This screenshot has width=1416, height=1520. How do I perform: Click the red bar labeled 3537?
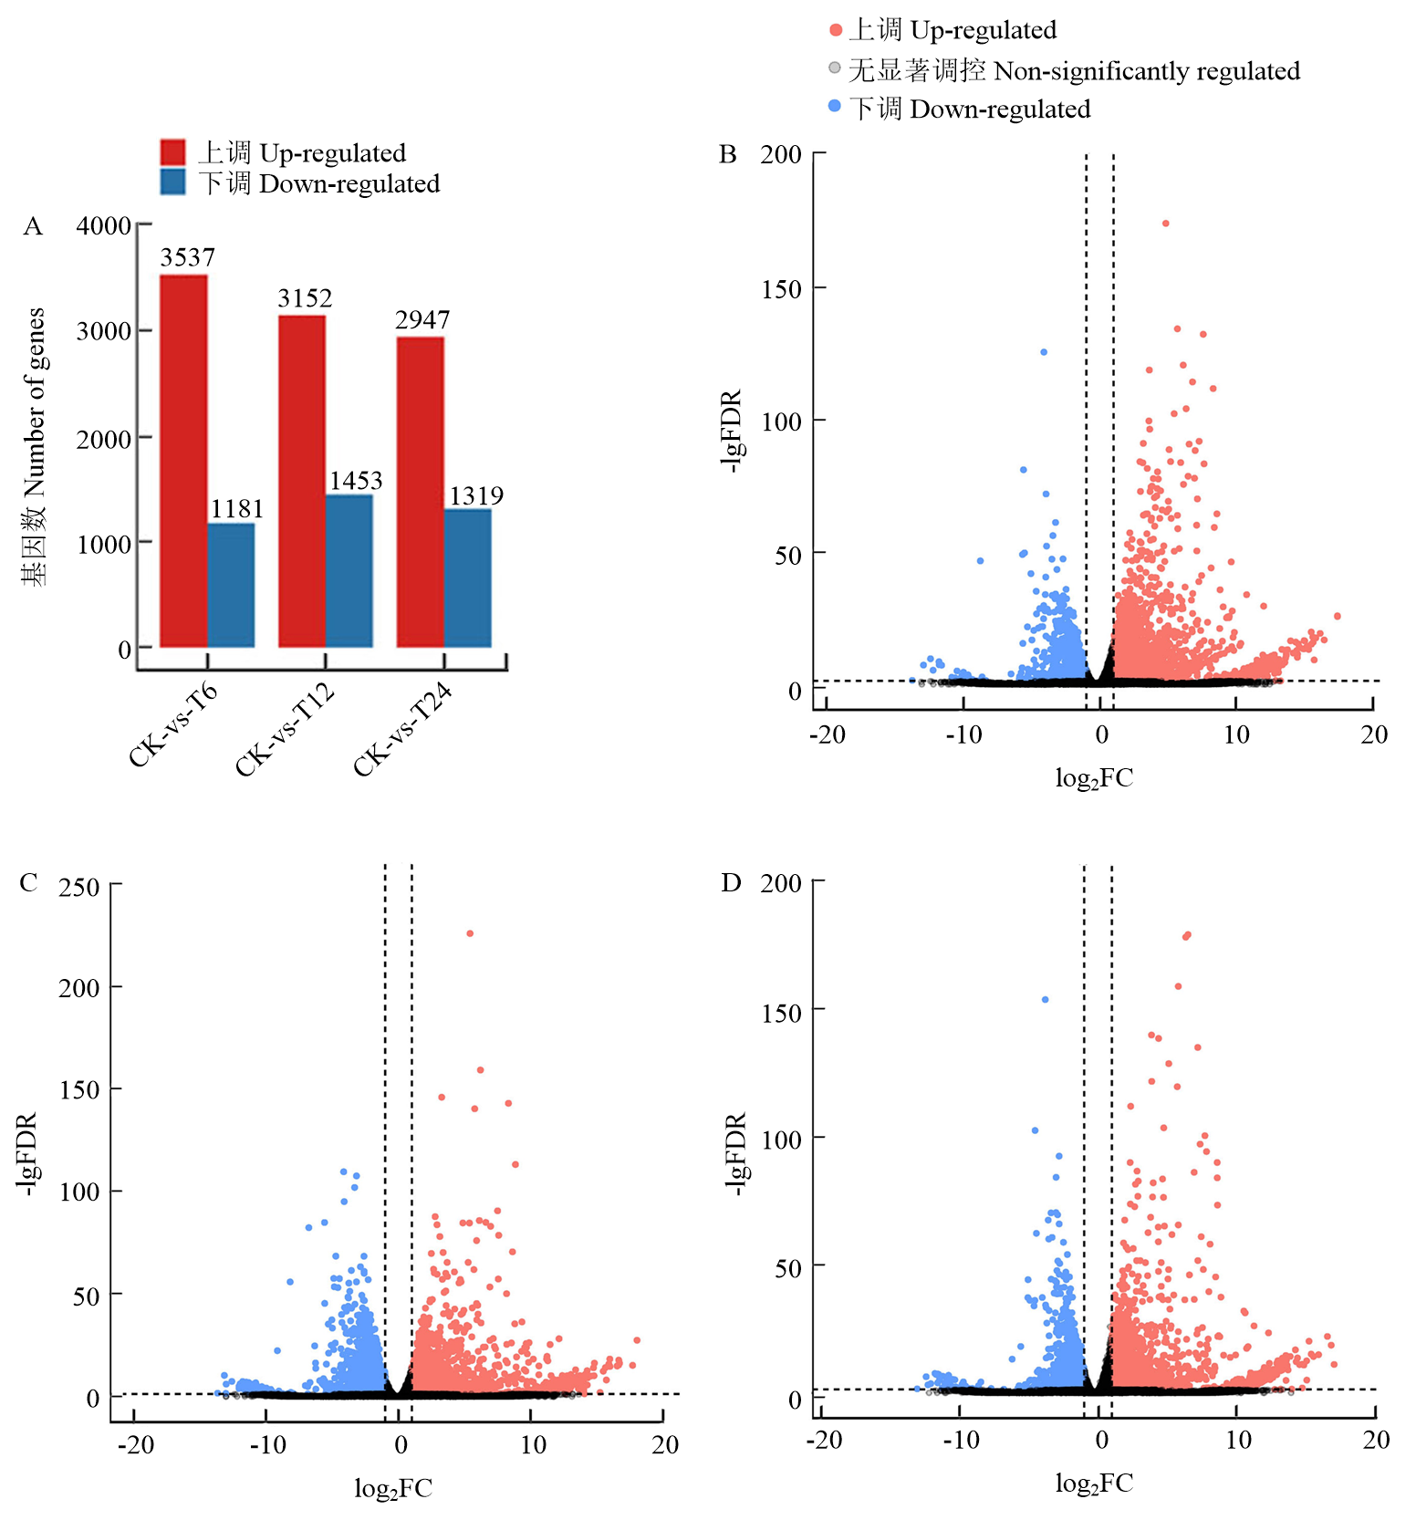[x=183, y=461]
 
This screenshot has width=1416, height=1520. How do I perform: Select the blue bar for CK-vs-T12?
[x=349, y=571]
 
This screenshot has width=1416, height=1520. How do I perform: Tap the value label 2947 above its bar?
[x=422, y=320]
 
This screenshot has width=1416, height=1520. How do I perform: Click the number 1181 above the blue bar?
[x=237, y=509]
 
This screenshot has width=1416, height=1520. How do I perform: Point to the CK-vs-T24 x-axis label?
[x=403, y=730]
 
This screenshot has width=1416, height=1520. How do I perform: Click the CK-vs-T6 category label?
[x=173, y=725]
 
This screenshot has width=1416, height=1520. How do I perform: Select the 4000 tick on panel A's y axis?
[x=104, y=225]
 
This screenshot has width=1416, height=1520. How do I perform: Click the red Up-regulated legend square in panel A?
[x=172, y=152]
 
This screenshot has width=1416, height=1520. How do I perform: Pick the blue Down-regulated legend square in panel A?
[x=172, y=182]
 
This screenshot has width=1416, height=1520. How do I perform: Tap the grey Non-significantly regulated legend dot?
[x=834, y=68]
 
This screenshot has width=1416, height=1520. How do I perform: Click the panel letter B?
[x=727, y=154]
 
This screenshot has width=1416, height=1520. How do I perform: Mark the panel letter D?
[x=731, y=883]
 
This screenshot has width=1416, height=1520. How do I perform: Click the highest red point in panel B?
[x=1165, y=223]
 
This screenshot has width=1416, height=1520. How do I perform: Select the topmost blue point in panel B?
[x=1044, y=351]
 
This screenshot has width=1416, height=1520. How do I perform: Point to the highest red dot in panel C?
[x=470, y=933]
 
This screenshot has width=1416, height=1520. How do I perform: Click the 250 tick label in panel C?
[x=79, y=887]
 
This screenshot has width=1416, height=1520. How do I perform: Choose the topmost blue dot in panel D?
[x=1045, y=1000]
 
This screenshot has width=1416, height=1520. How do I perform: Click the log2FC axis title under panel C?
[x=393, y=1489]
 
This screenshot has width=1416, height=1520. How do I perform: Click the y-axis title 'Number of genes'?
[x=35, y=447]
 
